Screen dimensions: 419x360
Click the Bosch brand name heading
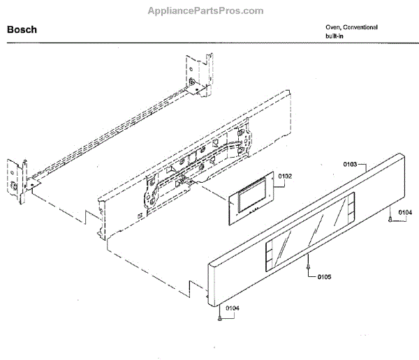pos(22,31)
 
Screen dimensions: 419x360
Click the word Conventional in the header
pos(361,27)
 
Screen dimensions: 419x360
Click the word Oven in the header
pos(332,27)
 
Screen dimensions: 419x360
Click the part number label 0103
pos(351,164)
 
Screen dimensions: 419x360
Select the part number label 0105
pos(323,277)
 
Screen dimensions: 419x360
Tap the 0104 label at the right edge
pos(405,212)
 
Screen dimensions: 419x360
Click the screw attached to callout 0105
pos(308,263)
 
